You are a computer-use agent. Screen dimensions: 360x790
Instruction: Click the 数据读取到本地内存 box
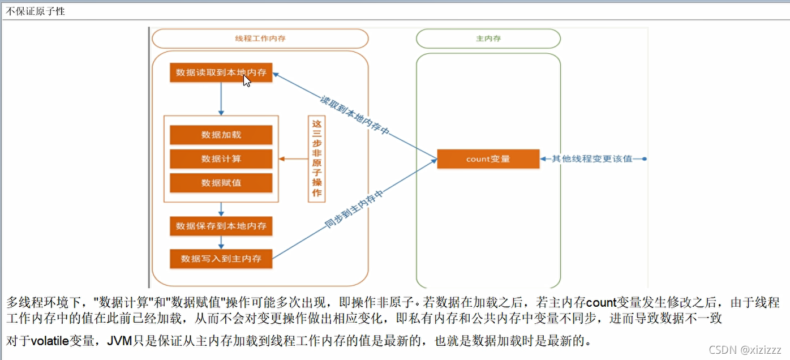coord(221,72)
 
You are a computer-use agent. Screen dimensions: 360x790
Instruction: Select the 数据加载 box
coord(221,135)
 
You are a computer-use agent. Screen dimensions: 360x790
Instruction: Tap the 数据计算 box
coord(221,159)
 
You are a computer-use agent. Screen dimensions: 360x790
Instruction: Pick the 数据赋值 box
coord(221,183)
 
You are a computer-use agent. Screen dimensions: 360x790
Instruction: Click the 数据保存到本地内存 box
coord(221,226)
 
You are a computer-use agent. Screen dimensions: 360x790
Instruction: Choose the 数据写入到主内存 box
coord(221,259)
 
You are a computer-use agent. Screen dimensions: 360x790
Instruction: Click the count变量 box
coord(488,159)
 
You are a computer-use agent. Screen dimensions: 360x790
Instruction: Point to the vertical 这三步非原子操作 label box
coord(316,158)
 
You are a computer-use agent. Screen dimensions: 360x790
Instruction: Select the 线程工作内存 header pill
coord(260,38)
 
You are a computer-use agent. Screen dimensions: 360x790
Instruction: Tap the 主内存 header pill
coord(488,38)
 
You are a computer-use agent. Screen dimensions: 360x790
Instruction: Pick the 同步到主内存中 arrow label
coord(355,209)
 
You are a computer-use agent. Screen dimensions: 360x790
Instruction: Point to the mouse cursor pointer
coord(246,80)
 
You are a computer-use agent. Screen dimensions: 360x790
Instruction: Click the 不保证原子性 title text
coord(35,11)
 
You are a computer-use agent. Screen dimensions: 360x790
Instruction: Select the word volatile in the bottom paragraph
coord(49,341)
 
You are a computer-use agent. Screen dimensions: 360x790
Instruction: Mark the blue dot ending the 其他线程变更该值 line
coord(644,159)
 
